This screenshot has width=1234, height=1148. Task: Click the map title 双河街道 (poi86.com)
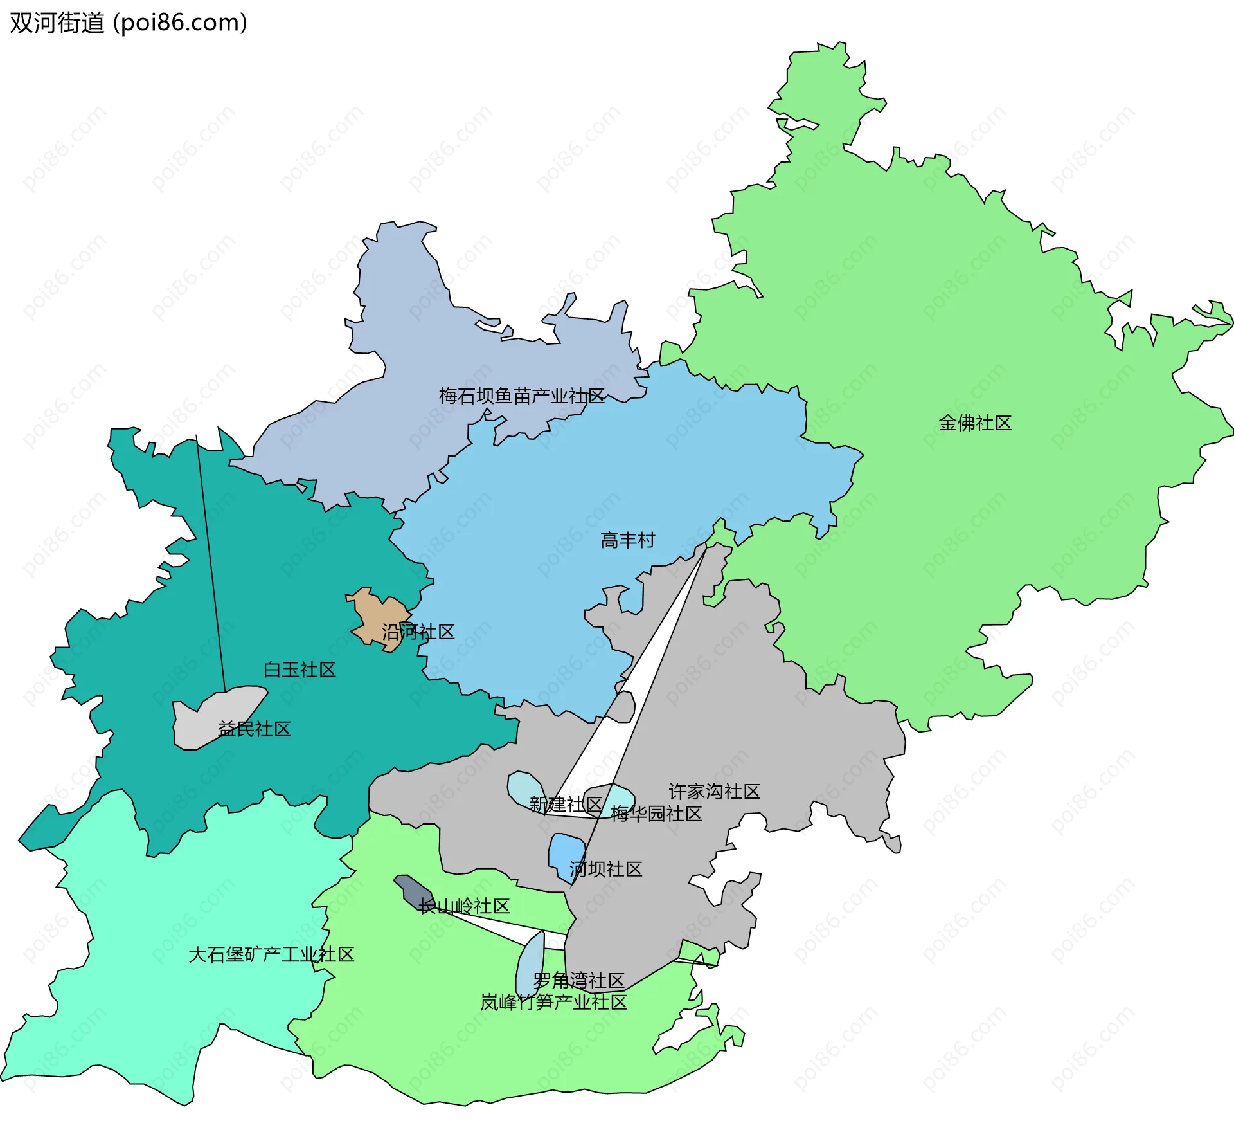[129, 23]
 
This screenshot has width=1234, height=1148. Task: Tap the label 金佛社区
[975, 423]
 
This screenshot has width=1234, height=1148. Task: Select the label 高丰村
[627, 540]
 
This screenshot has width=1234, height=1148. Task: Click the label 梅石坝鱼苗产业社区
[521, 396]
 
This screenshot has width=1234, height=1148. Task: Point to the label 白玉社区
[300, 670]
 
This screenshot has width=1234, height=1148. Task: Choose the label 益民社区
[255, 729]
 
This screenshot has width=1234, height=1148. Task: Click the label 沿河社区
[418, 632]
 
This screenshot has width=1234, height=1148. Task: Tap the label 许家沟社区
[714, 792]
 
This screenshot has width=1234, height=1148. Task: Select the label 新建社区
[566, 805]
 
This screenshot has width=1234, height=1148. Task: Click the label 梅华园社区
[656, 814]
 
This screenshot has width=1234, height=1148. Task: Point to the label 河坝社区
[606, 870]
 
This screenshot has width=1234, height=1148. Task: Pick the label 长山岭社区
[464, 907]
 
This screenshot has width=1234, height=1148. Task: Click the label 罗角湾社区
[578, 981]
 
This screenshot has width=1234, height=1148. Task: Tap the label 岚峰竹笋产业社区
[553, 1003]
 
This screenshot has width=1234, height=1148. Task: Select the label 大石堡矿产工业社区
[271, 955]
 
